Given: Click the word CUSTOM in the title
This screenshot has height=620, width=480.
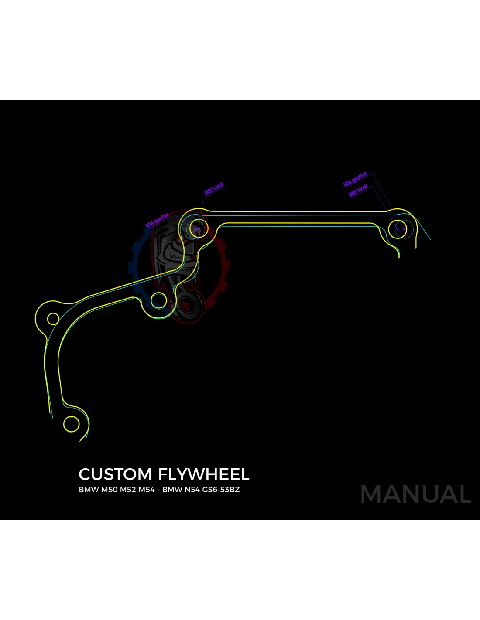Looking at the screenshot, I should [115, 474].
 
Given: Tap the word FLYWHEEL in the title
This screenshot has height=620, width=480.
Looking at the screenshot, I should [203, 474].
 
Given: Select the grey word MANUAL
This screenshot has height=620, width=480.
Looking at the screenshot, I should [416, 494].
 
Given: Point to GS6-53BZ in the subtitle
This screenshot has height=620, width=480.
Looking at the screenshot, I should [221, 490].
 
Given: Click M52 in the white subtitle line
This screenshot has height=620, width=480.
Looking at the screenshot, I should [127, 490].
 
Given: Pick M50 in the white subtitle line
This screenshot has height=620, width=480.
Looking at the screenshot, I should [109, 490].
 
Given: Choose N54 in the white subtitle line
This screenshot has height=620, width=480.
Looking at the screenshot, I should [192, 490].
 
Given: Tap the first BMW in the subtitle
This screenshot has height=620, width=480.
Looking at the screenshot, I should [89, 490].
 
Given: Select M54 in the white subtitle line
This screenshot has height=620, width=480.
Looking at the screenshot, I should [146, 490].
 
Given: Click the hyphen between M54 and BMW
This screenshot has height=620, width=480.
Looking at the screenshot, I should [158, 490].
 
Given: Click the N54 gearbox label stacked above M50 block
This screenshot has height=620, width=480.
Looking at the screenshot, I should [355, 179].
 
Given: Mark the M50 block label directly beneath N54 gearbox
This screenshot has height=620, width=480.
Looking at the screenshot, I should [358, 191].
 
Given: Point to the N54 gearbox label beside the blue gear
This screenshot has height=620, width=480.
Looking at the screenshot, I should [157, 221].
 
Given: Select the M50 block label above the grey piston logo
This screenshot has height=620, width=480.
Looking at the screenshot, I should [214, 188].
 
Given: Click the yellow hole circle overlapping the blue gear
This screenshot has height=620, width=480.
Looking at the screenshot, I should [158, 300].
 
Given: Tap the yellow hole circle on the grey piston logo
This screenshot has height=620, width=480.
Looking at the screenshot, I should [199, 228].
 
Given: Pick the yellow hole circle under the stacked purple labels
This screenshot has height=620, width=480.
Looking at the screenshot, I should [398, 229].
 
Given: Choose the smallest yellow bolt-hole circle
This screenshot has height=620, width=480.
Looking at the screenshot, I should [53, 319].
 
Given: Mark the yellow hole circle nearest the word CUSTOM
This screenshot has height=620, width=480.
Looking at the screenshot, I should [72, 424].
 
